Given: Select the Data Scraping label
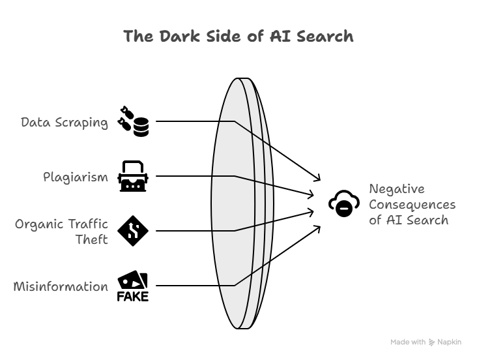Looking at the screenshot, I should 65,122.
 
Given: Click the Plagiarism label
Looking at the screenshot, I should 76,177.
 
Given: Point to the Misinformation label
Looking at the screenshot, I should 61,286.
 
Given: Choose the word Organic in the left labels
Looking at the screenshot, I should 44,224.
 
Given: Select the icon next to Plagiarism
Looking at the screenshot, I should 133,176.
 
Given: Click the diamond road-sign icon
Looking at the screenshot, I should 133,230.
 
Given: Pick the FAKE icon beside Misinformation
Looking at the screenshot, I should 133,286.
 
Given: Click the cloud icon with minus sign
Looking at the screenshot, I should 343,204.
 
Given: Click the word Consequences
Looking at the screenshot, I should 412,204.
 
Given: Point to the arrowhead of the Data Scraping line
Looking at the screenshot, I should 318,179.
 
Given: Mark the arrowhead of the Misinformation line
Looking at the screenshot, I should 318,228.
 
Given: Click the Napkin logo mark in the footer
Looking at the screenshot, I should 432,342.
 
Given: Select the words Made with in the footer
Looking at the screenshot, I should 408,342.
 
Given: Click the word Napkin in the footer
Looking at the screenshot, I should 450,342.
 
